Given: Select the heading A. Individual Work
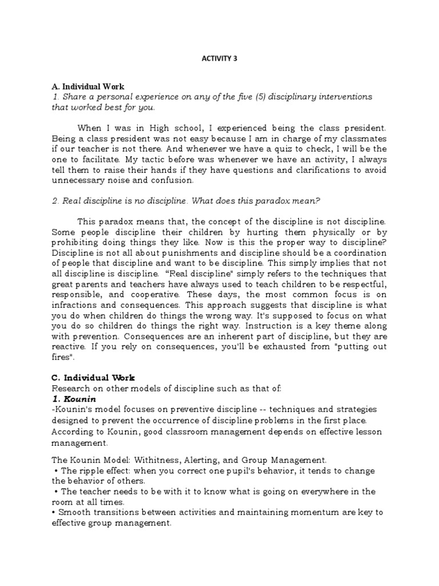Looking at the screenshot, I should (83, 86).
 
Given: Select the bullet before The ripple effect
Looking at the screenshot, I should (54, 470).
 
